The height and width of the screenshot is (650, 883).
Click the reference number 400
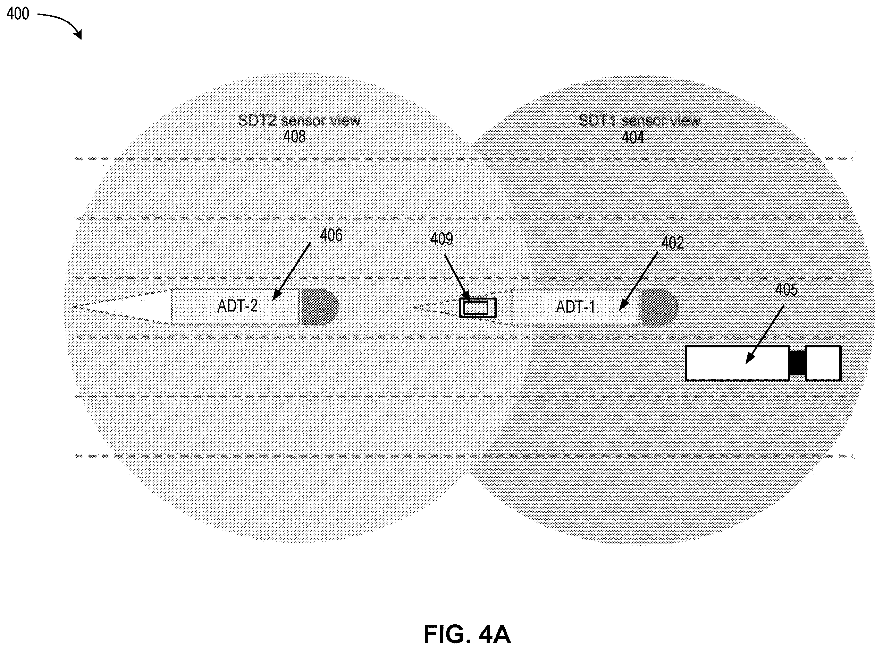click(18, 14)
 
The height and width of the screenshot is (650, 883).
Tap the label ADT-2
click(237, 306)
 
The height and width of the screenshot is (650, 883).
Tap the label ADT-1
click(575, 307)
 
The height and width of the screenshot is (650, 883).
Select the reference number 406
click(331, 235)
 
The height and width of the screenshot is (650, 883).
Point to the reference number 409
click(441, 239)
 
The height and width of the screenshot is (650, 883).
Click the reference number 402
click(672, 243)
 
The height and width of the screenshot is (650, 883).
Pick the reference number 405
click(786, 290)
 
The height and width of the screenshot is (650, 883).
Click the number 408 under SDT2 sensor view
click(294, 137)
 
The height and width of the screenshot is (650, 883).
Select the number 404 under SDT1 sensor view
click(632, 137)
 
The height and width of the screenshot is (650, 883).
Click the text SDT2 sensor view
click(299, 120)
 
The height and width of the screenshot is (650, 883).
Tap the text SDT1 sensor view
click(639, 120)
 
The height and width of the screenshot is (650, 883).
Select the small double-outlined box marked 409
click(477, 308)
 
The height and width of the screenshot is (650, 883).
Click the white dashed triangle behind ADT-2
click(123, 307)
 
